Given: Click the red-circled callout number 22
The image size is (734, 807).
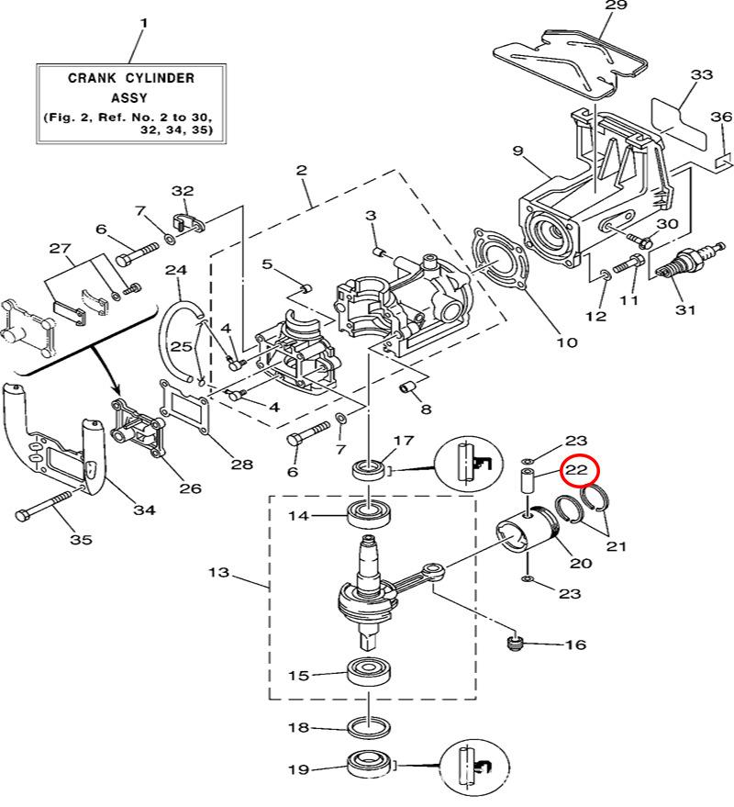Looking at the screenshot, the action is (576, 469).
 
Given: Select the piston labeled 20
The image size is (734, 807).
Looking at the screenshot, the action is (528, 530).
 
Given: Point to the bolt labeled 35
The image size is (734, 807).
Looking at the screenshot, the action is (43, 505).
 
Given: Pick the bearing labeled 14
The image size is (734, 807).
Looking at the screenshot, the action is (369, 514).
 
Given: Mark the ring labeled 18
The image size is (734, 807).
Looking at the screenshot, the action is (369, 727).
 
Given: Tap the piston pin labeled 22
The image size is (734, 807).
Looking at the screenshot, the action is (528, 481).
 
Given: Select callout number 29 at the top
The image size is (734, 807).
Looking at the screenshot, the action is (617, 6).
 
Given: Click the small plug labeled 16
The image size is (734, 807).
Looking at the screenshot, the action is (514, 643).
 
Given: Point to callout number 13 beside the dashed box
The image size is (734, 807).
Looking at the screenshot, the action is (218, 572).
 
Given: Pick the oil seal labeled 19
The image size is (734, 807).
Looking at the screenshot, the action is (369, 764).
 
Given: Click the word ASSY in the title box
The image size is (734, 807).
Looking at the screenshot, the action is (129, 98).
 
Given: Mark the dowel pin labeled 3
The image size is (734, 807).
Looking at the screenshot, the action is (380, 252).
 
